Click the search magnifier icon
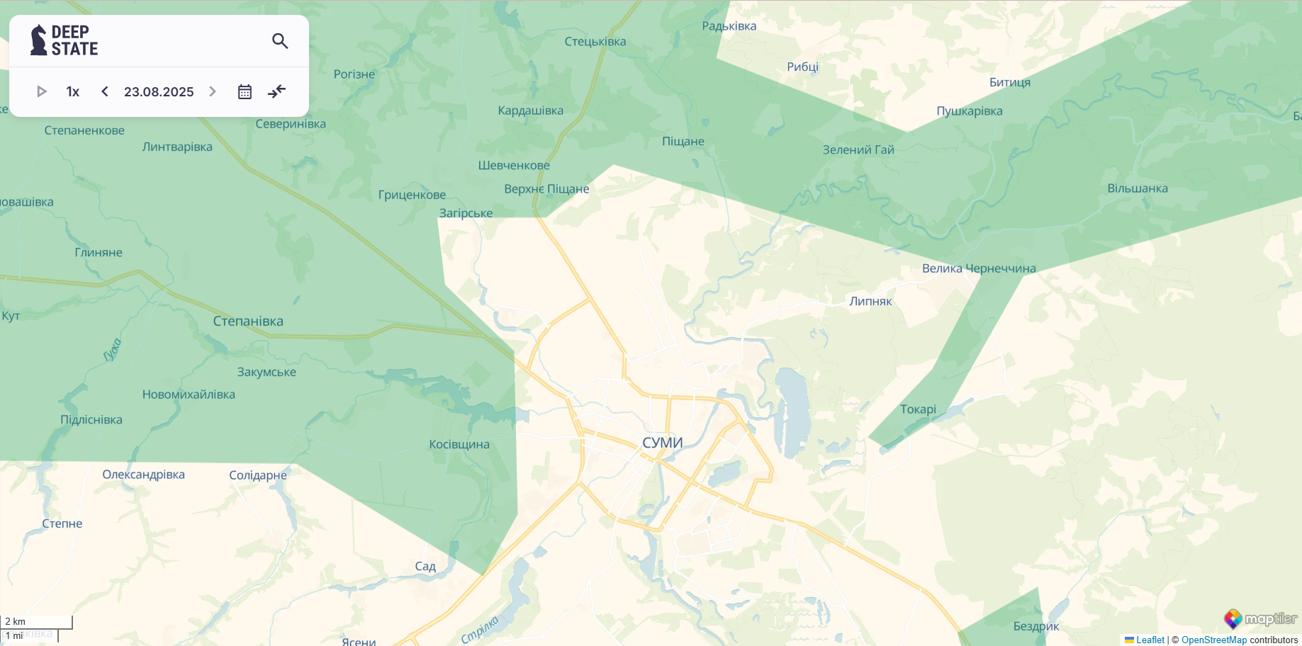pos(280,41)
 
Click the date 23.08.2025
pos(159,92)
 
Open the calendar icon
pos(245,92)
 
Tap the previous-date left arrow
pos(105,91)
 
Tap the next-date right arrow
pos(213,91)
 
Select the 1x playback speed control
pos(73,92)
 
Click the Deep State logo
pos(64,40)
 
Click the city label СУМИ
pos(662,443)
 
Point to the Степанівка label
pos(248,321)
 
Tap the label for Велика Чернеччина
pos(979,268)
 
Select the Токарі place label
pos(918,409)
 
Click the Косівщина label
pos(459,445)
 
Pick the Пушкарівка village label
pos(969,111)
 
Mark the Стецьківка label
pos(595,42)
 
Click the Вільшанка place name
pos(1138,188)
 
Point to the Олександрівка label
pos(143,475)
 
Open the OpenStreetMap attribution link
pos(1213,640)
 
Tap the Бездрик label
pos(1036,626)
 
